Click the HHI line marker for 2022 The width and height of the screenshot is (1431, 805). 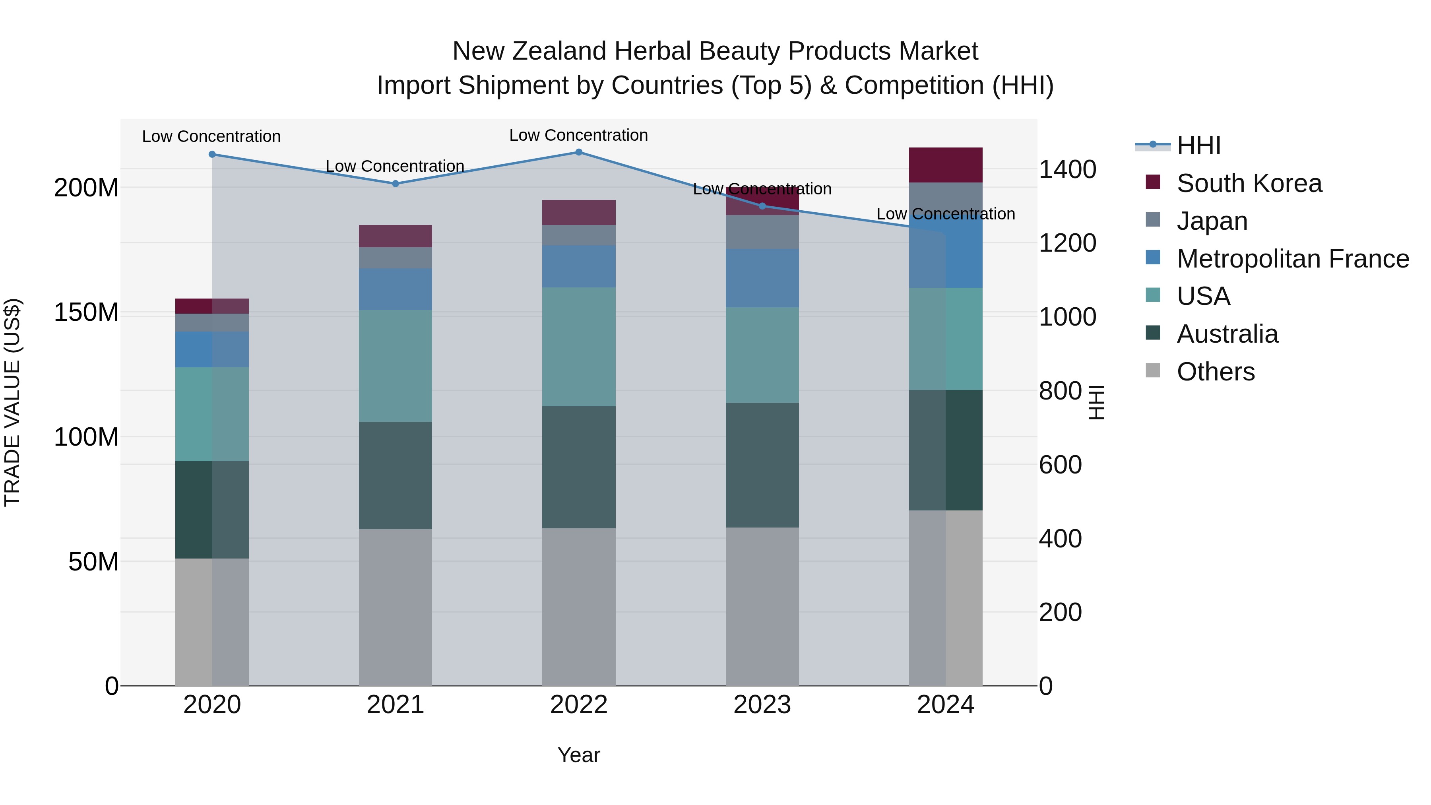pyautogui.click(x=578, y=152)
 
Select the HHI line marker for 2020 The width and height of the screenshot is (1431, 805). pyautogui.click(x=212, y=155)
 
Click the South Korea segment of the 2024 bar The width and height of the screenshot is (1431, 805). pyautogui.click(x=946, y=165)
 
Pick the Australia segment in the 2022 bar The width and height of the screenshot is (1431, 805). pyautogui.click(x=578, y=467)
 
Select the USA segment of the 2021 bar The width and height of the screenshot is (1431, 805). pyautogui.click(x=396, y=366)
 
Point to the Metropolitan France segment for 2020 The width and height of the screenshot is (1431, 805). pyautogui.click(x=212, y=349)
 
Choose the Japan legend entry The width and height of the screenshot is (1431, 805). pyautogui.click(x=1212, y=221)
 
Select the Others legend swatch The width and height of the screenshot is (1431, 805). pyautogui.click(x=1153, y=370)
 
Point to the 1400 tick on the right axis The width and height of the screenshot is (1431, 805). pyautogui.click(x=1067, y=169)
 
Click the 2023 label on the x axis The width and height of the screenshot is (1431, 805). pyautogui.click(x=762, y=705)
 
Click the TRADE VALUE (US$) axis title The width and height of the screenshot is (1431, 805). pyautogui.click(x=12, y=402)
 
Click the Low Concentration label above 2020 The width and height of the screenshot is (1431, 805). pyautogui.click(x=211, y=137)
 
